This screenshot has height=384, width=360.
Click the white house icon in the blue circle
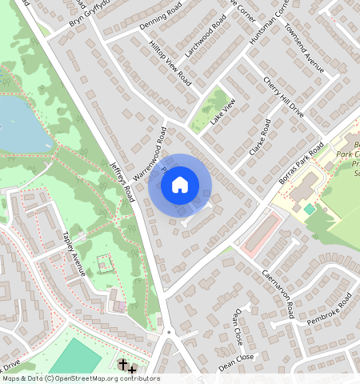coord(180,185)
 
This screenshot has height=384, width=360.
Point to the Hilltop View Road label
coord(173,68)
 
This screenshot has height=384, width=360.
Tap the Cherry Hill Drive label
coord(284,97)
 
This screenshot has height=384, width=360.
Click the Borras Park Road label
coord(302,163)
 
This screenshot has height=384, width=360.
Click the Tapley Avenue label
coord(74,254)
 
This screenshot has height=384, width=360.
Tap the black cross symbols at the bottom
coord(126,367)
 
